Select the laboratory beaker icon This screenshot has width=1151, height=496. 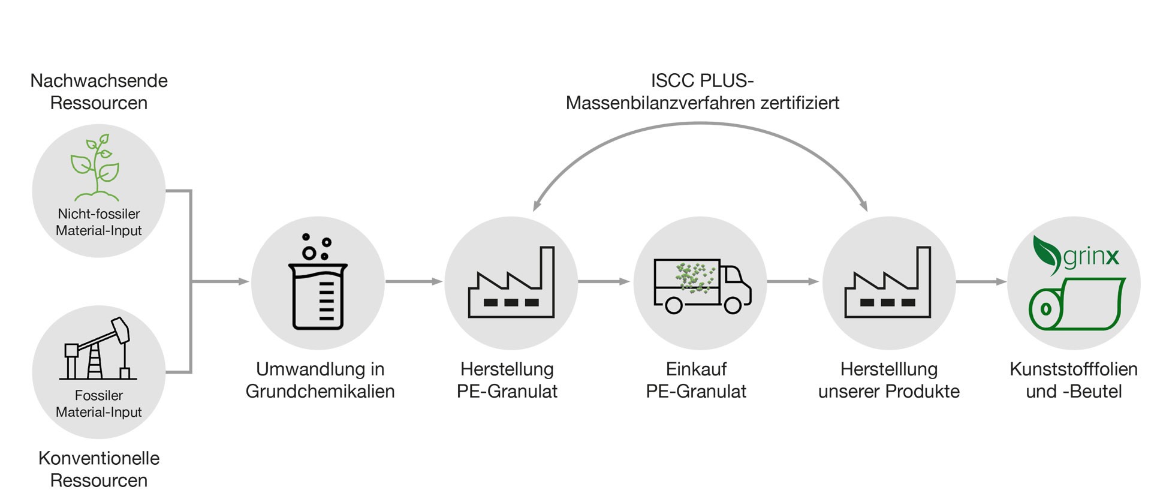point(318,282)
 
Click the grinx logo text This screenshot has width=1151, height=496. point(1091,257)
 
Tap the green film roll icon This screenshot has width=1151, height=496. point(1077,303)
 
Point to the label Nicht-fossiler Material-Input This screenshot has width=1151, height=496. point(99,222)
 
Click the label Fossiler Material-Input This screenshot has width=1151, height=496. point(99,404)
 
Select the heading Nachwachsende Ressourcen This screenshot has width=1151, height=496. point(99,92)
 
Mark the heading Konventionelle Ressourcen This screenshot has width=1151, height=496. point(99,469)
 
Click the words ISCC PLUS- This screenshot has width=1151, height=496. point(702,80)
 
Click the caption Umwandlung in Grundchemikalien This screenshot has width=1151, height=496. point(320,380)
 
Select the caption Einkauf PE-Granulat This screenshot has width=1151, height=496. point(696,380)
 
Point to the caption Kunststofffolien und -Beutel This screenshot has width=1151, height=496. point(1074,380)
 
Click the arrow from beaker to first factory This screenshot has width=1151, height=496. point(414,281)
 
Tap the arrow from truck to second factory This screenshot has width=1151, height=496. point(793,281)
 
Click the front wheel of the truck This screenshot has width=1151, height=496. point(733,305)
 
